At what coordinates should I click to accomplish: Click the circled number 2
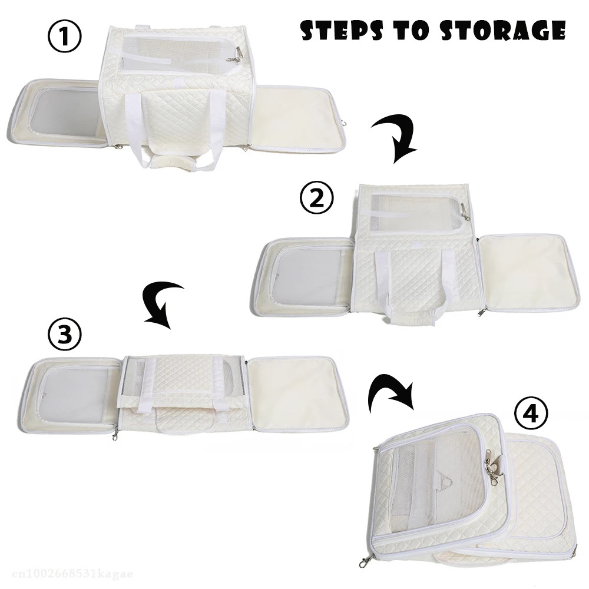click(x=317, y=198)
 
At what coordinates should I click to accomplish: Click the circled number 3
click(x=65, y=334)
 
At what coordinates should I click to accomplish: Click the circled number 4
click(x=531, y=413)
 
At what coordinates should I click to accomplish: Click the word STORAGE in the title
click(x=504, y=30)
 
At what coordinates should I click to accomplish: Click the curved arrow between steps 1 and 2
click(x=402, y=137)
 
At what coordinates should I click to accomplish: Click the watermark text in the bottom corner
click(x=72, y=574)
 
